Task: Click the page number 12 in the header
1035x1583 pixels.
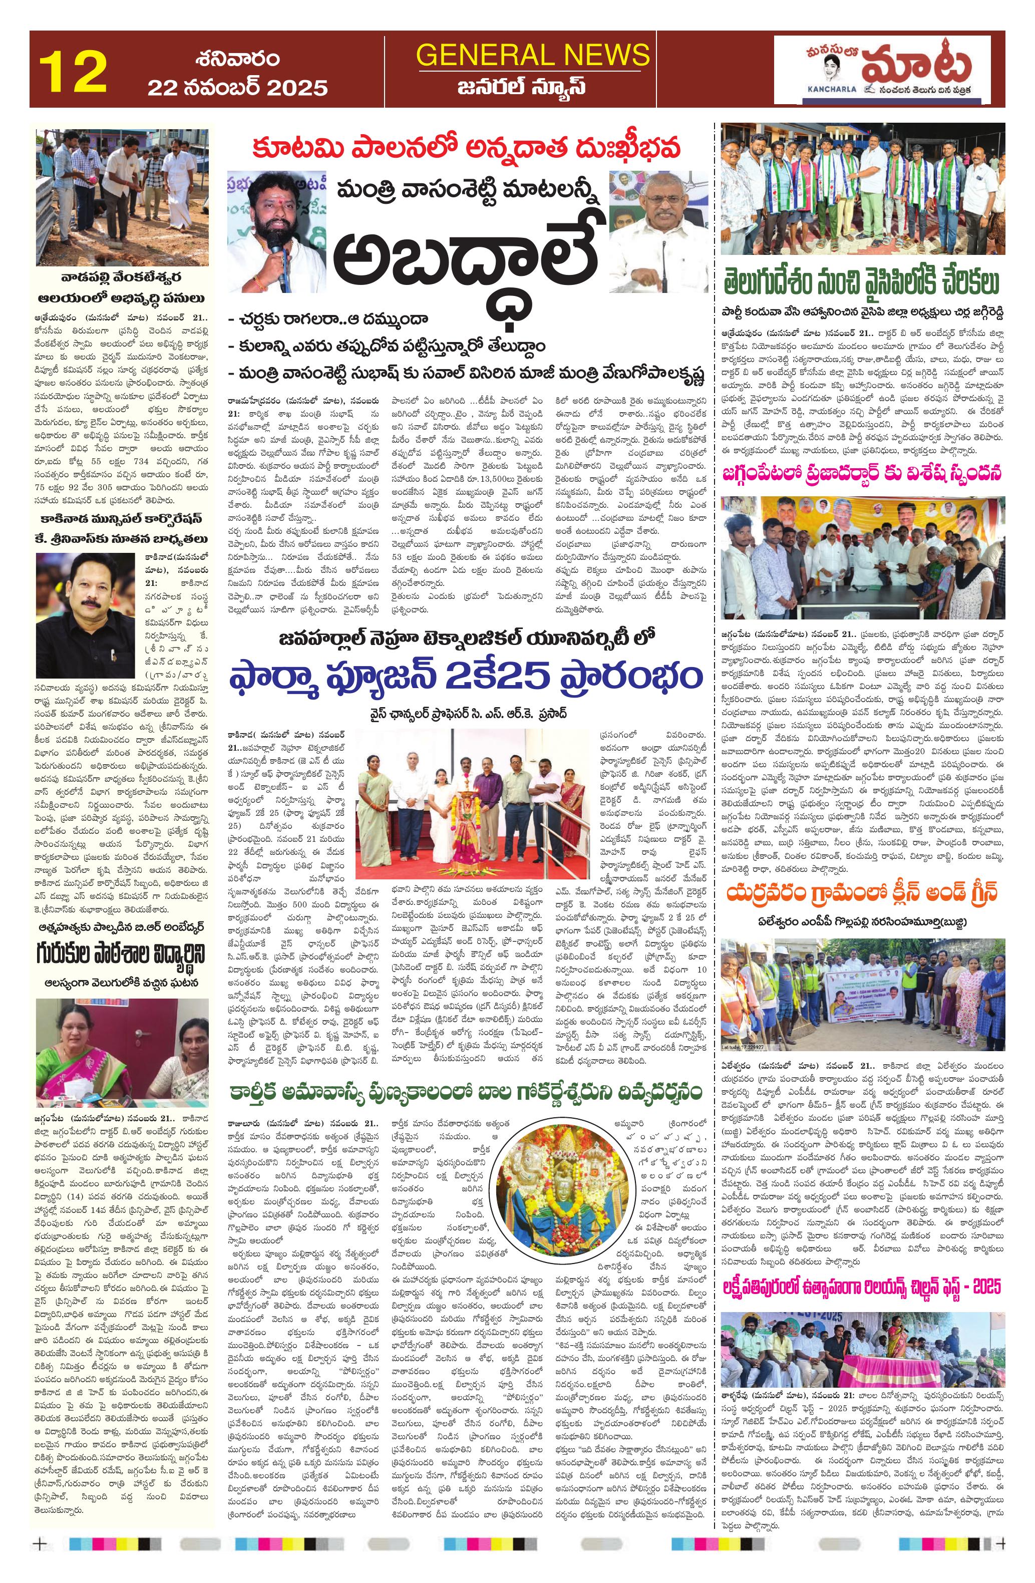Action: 73,71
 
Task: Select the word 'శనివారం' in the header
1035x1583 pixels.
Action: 237,58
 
